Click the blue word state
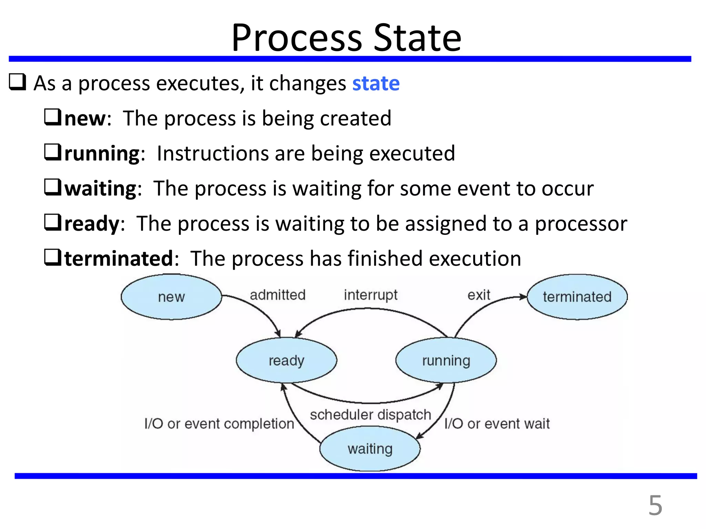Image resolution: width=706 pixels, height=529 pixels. [376, 83]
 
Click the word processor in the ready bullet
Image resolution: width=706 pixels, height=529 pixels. [581, 224]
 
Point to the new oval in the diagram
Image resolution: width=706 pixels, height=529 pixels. [171, 297]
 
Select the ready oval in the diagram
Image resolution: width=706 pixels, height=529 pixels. [286, 360]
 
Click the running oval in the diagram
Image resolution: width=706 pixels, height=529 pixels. [446, 360]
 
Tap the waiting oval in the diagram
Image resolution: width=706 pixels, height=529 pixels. [370, 449]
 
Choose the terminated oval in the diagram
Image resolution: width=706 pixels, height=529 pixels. [577, 297]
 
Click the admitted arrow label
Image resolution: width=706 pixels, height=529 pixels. [278, 295]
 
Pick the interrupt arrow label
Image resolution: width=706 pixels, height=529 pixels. [371, 295]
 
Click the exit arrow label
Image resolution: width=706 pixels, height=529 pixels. [478, 295]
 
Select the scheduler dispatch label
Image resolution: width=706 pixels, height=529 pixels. [371, 415]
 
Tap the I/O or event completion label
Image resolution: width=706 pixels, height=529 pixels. [219, 424]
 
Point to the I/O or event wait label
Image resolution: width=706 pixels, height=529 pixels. [497, 424]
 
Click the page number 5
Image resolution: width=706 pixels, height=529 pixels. [655, 506]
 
